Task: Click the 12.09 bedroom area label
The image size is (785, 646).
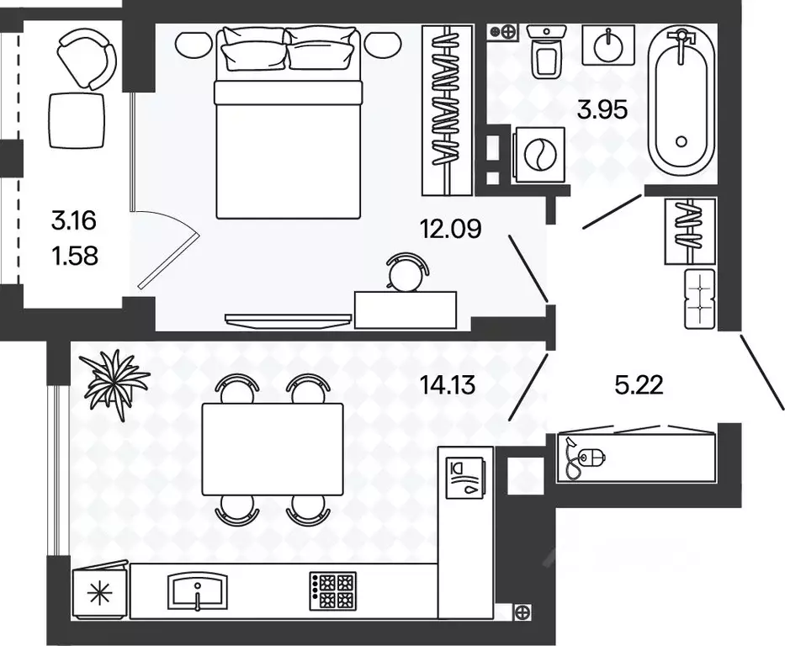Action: pyautogui.click(x=451, y=229)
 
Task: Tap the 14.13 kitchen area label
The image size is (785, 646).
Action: pyautogui.click(x=448, y=385)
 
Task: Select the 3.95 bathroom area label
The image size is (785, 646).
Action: pyautogui.click(x=602, y=109)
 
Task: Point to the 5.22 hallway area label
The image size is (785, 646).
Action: pyautogui.click(x=639, y=385)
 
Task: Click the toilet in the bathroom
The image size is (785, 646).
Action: pyautogui.click(x=546, y=51)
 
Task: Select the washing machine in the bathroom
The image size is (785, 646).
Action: pyautogui.click(x=539, y=155)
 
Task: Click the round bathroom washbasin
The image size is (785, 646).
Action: pyautogui.click(x=608, y=45)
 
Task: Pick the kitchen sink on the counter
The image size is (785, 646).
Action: pyautogui.click(x=199, y=591)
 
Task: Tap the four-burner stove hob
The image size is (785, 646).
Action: pyautogui.click(x=333, y=591)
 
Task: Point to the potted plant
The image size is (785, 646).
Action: pyautogui.click(x=116, y=383)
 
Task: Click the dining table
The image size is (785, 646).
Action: pyautogui.click(x=273, y=449)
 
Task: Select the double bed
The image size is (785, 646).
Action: pyautogui.click(x=288, y=123)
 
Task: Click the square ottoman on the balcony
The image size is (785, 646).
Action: pyautogui.click(x=77, y=120)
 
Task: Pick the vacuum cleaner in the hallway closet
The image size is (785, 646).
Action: pyautogui.click(x=585, y=458)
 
